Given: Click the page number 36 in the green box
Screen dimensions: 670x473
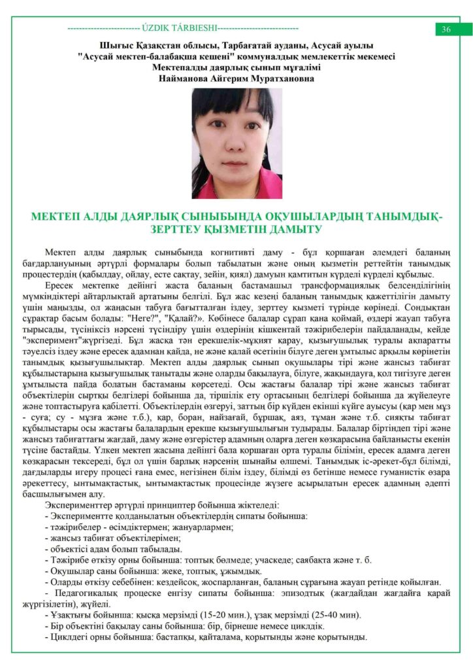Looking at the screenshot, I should (446, 29).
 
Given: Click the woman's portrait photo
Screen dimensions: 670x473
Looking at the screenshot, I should (236, 143).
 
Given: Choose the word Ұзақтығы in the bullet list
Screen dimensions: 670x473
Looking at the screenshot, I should (70, 617).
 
